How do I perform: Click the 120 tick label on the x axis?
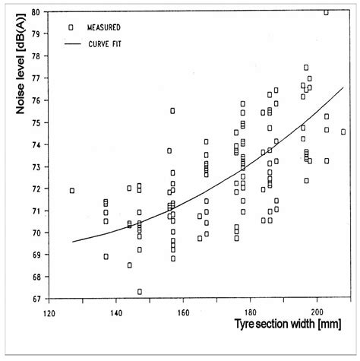point(48,312)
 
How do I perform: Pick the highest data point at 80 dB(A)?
point(327,12)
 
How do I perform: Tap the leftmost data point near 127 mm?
point(72,190)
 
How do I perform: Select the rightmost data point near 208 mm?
point(343,131)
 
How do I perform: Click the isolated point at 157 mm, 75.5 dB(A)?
point(172,111)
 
